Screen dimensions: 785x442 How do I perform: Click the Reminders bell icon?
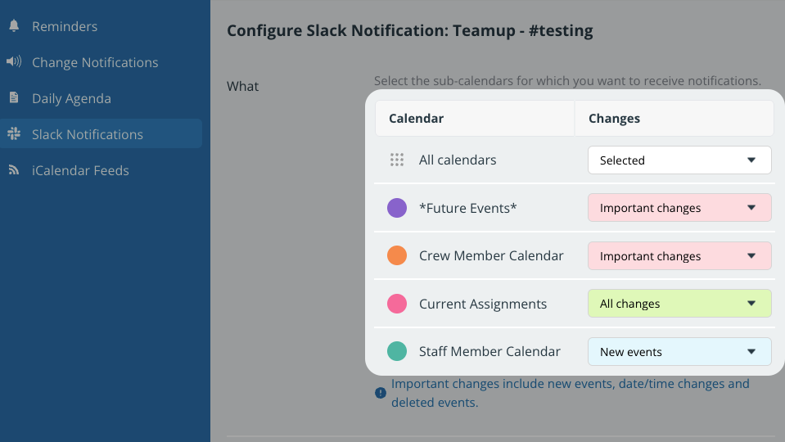click(14, 25)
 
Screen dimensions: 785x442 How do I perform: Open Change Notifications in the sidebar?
click(95, 62)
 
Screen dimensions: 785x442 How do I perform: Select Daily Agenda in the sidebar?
click(71, 98)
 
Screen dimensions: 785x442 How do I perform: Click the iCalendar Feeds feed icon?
click(14, 170)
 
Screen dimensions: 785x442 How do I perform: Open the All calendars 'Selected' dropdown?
click(679, 160)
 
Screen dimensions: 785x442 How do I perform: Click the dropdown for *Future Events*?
click(679, 208)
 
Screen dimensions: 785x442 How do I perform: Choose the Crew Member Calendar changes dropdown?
click(679, 256)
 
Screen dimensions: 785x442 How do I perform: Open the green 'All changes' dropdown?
click(679, 304)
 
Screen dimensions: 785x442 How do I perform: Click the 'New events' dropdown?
click(679, 351)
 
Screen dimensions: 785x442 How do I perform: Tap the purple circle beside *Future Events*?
click(397, 208)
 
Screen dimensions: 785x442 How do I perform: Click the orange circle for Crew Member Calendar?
click(397, 255)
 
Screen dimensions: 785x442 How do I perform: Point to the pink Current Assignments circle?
click(397, 304)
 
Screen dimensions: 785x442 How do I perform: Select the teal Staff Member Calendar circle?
click(397, 351)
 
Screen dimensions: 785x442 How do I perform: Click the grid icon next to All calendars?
click(397, 160)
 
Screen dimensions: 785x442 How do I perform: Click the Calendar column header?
click(416, 119)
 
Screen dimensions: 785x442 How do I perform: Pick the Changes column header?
click(614, 119)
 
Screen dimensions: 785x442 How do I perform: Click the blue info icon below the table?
click(381, 393)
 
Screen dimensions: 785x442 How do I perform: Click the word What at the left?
click(242, 87)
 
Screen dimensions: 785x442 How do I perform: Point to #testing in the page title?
click(561, 30)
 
